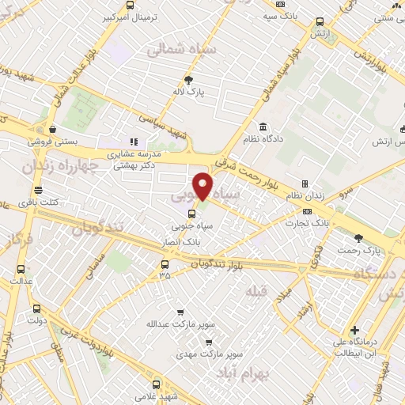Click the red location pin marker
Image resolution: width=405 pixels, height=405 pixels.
tap(203, 186)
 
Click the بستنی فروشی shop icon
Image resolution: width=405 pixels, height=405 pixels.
tap(52, 129)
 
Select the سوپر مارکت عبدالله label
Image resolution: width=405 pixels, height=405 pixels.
tap(169, 324)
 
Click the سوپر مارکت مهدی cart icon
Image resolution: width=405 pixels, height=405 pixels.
tap(208, 343)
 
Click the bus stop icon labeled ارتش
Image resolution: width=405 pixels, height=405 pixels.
tap(320, 22)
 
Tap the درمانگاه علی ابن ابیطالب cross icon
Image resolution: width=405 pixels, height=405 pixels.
tap(355, 330)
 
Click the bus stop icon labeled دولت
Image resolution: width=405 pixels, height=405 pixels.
tap(36, 308)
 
